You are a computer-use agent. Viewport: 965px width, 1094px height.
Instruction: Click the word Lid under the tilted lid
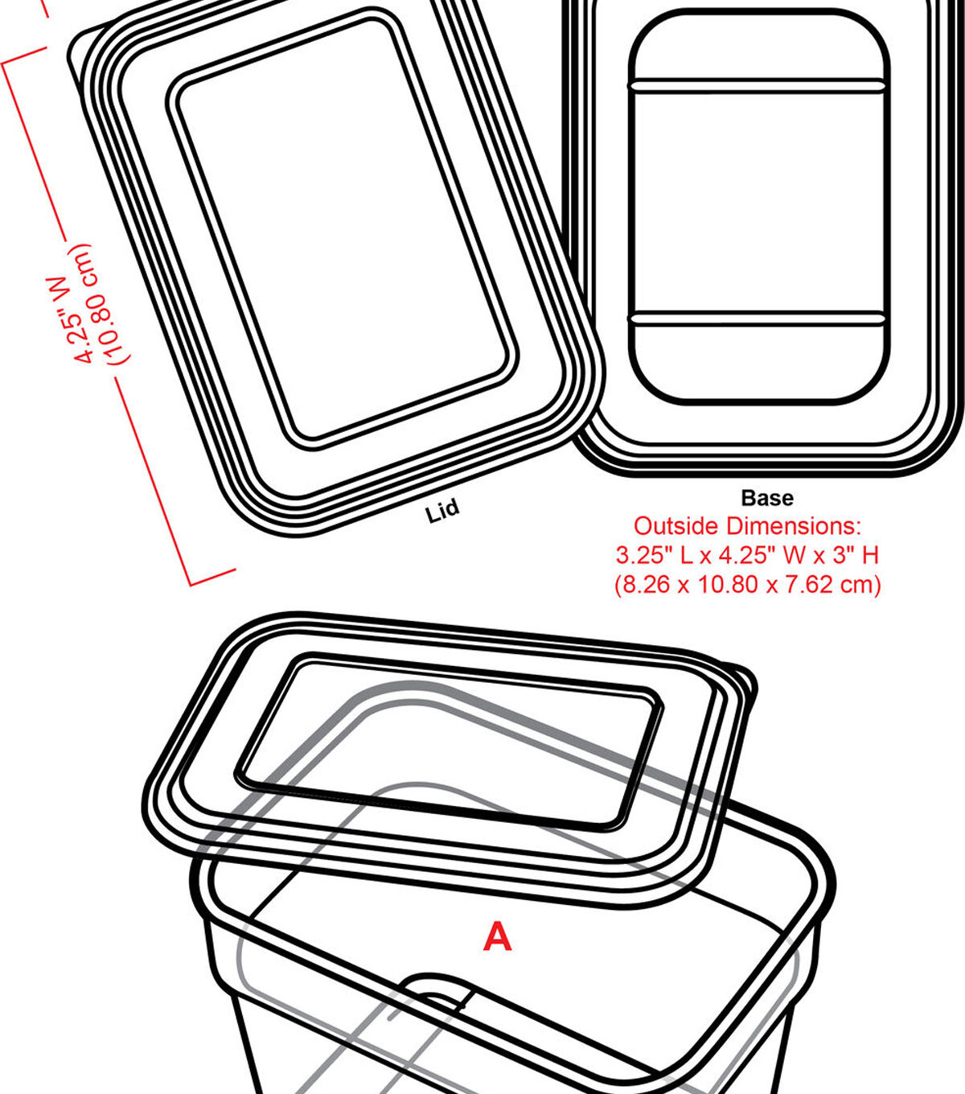tap(442, 510)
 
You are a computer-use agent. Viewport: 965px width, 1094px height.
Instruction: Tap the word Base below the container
tap(767, 498)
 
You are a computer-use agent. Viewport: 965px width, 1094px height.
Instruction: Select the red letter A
tap(497, 937)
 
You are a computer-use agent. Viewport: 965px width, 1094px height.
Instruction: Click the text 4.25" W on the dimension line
tap(72, 319)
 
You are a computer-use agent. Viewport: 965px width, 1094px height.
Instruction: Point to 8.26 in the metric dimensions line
tap(646, 584)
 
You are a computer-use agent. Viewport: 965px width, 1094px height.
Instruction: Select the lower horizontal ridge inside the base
tap(758, 319)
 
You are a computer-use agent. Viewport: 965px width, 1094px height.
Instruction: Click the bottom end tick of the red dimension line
tap(213, 577)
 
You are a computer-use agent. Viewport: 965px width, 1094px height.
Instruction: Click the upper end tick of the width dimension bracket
tap(24, 56)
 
